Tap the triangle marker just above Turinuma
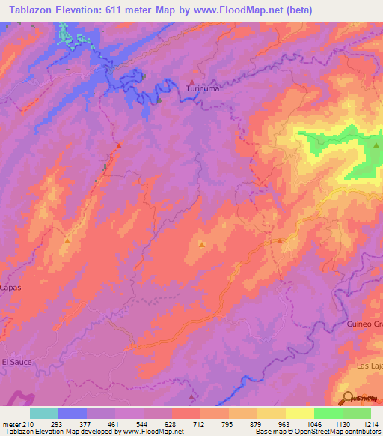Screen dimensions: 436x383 tap(193, 82)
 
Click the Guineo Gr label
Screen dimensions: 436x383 tap(364, 323)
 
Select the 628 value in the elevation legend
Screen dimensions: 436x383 tap(171, 425)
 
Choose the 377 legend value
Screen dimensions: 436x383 tap(86, 425)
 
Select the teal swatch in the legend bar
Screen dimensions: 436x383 tap(44, 413)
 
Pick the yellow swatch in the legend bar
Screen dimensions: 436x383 tap(299, 413)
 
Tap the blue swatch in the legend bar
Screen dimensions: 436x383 tap(73, 413)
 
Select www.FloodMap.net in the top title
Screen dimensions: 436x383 tap(244, 10)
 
